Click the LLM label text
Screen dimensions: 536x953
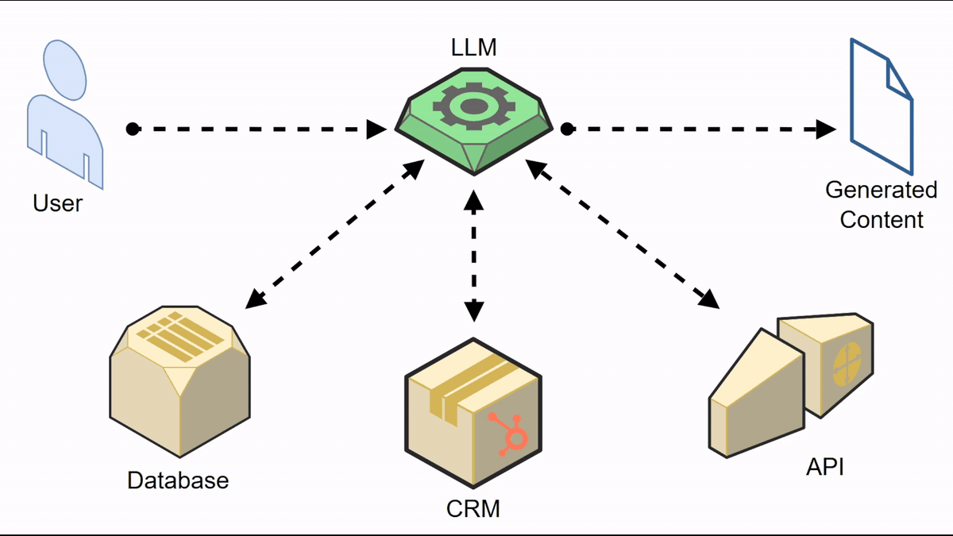[x=473, y=48]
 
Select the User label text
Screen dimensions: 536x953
[x=57, y=203]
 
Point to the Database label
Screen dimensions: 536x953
[x=178, y=480]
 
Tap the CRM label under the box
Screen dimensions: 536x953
[x=473, y=508]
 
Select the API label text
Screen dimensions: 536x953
[x=824, y=467]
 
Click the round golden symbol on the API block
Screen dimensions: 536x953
[x=847, y=364]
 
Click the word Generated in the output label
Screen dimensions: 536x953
[x=882, y=191]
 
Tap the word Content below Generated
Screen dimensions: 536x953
[x=882, y=220]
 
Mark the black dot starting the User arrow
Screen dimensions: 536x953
[x=133, y=129]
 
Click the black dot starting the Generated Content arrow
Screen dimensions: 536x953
[x=567, y=129]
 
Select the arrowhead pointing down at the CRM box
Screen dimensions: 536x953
[x=473, y=311]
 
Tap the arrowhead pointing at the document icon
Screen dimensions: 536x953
[x=828, y=129]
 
